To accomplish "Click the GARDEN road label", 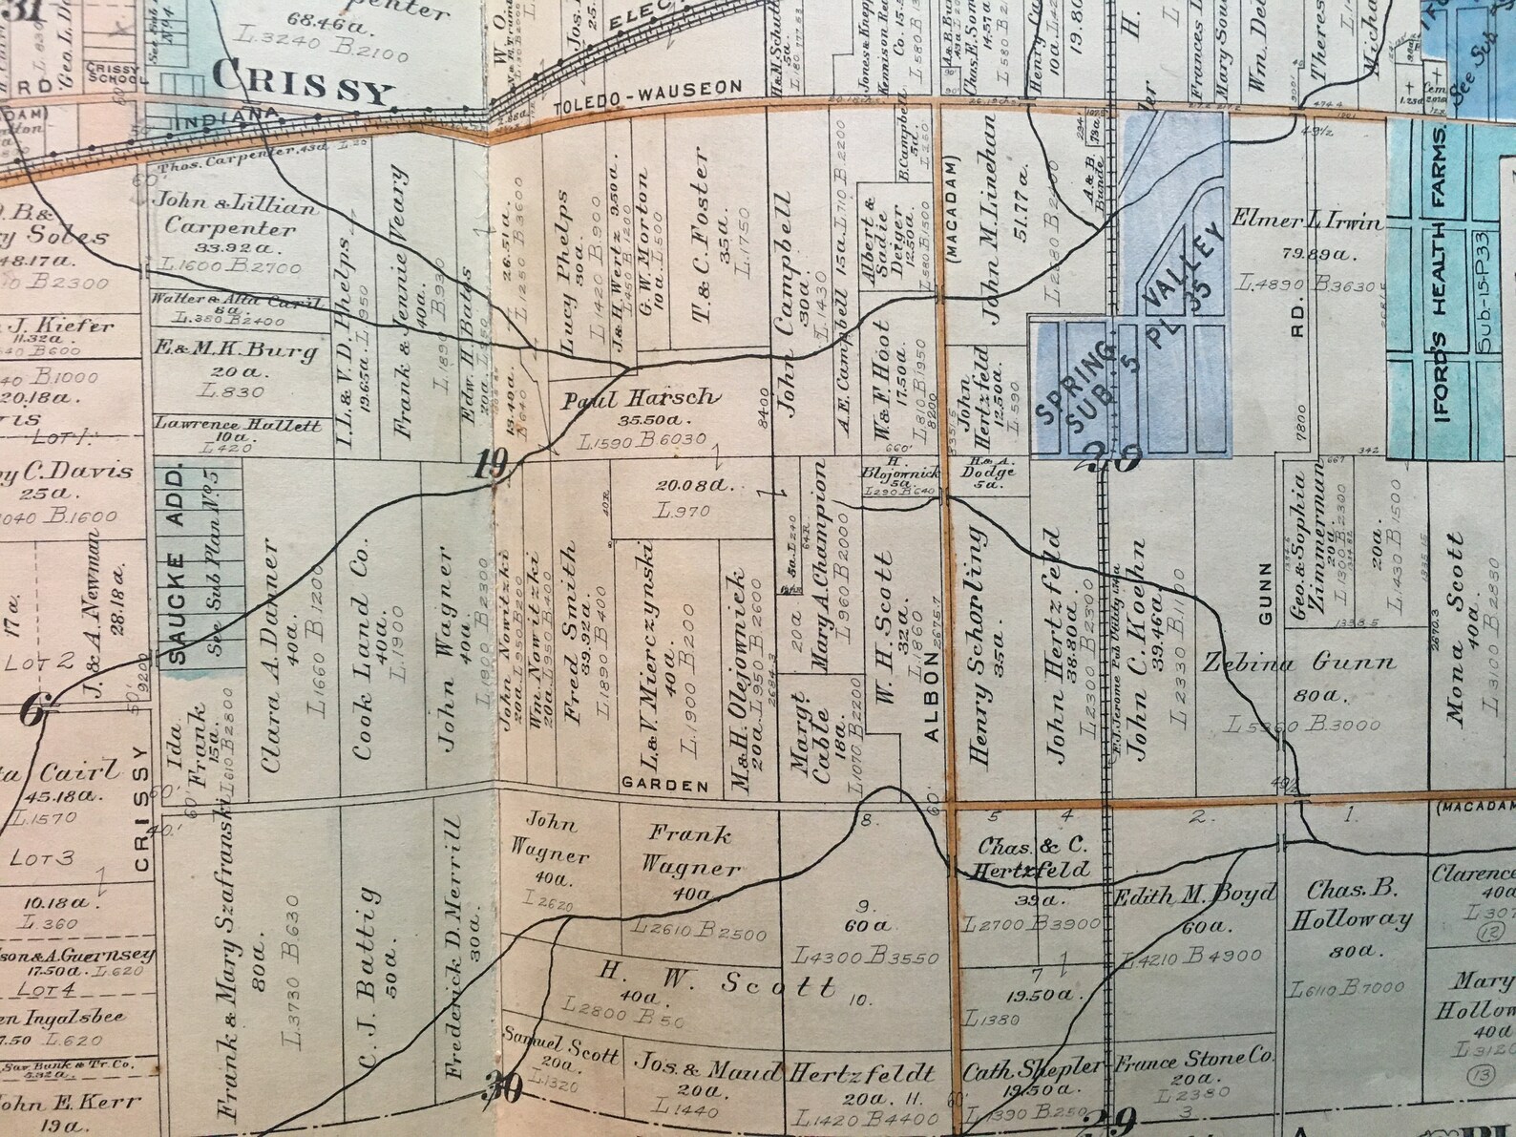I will [665, 786].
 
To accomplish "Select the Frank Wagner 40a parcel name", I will [693, 851].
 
